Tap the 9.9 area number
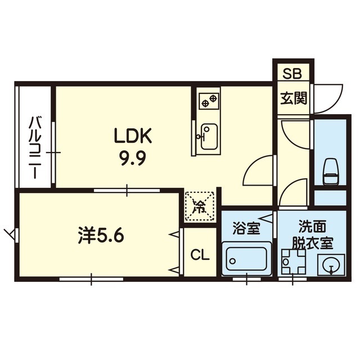tap(133, 157)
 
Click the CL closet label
tap(200, 255)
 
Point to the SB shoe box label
tap(291, 74)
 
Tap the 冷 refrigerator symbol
tap(200, 205)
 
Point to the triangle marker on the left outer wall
tap(9, 232)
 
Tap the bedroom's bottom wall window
tap(91, 278)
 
